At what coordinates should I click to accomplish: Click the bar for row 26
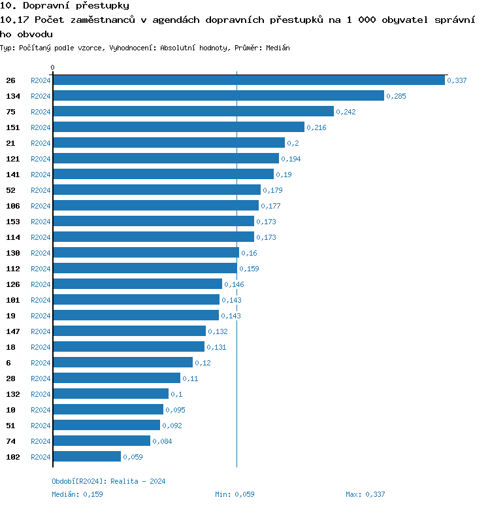pos(248,80)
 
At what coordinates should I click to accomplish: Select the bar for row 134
pos(218,95)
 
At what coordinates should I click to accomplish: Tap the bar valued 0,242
pos(193,111)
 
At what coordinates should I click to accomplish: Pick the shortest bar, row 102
pos(87,456)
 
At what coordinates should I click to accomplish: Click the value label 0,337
pos(457,80)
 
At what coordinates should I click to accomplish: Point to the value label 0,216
pos(316,127)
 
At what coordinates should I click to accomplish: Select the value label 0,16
pos(250,253)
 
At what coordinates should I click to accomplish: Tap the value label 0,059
pos(133,457)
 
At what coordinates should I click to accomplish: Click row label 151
pos(13,127)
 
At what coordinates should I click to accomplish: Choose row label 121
pos(13,159)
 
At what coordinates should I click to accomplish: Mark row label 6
pos(8,363)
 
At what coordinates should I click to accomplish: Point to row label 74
pos(10,441)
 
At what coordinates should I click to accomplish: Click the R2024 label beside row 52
pos(41,190)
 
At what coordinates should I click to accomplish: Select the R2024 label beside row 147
pos(41,331)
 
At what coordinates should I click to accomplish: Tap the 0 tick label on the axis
pos(53,67)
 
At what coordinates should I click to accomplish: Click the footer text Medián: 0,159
pos(77,494)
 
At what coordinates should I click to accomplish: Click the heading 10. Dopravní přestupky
pos(64,6)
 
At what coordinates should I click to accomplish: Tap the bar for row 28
pos(116,378)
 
